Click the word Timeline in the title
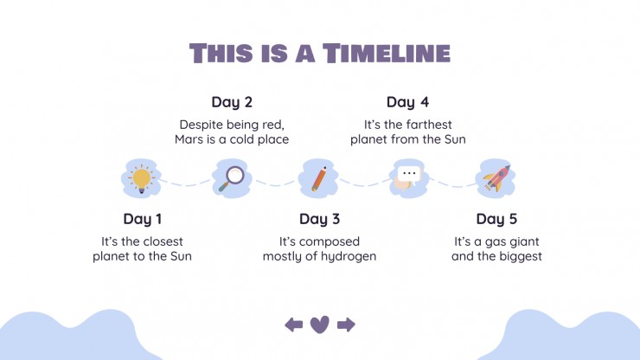[x=387, y=53]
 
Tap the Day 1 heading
[x=143, y=219]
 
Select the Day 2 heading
[x=232, y=102]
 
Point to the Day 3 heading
[x=320, y=219]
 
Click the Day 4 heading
[x=407, y=102]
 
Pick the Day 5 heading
[x=496, y=219]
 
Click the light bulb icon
[x=141, y=178]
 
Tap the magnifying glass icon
[x=232, y=178]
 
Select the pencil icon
[x=319, y=179]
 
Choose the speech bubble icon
[x=407, y=178]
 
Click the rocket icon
[x=496, y=178]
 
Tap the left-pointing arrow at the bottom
[x=294, y=325]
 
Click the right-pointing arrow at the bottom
[x=346, y=325]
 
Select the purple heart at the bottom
[x=320, y=325]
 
